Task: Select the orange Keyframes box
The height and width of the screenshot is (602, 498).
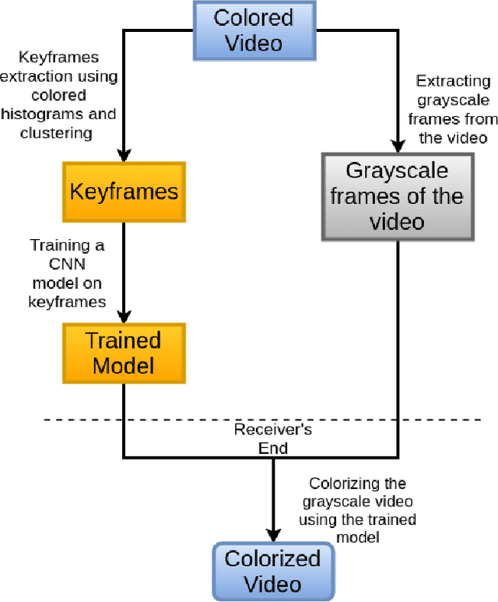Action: (124, 192)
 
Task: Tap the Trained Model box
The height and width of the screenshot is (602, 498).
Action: (124, 352)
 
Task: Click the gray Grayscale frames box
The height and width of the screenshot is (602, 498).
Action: (397, 195)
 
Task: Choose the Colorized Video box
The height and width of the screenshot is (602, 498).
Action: (272, 571)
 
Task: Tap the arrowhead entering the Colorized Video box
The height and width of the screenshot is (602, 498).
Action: (272, 535)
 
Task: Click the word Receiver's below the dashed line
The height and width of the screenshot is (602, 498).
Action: (272, 429)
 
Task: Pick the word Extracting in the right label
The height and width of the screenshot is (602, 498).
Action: (453, 81)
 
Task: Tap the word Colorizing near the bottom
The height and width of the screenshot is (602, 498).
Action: (356, 484)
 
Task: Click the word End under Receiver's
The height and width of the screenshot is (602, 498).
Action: (272, 448)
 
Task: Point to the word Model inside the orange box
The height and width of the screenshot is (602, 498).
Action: (124, 364)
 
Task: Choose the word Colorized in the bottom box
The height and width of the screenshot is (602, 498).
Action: (272, 558)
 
